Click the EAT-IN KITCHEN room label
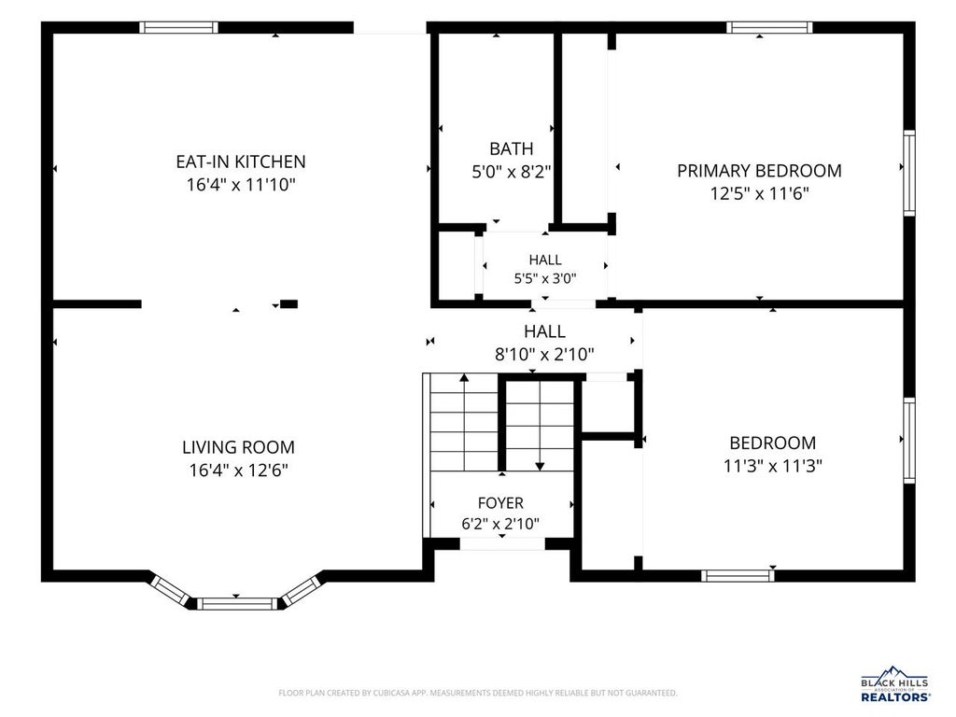[x=241, y=162]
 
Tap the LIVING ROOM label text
[x=238, y=447]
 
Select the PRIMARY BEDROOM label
[x=759, y=171]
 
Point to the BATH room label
[x=511, y=148]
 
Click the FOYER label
[x=500, y=503]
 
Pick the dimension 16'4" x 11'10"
[x=241, y=185]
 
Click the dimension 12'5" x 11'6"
[x=759, y=194]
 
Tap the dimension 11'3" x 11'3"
[x=772, y=467]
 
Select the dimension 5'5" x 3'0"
[x=545, y=278]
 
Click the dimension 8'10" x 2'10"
[x=544, y=354]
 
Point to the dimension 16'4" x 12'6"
[x=238, y=471]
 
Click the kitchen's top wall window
[x=178, y=27]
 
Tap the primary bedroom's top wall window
[x=769, y=27]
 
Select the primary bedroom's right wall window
[x=909, y=173]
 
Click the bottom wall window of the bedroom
[x=738, y=575]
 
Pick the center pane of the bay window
[x=236, y=604]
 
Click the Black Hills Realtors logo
[x=894, y=684]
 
